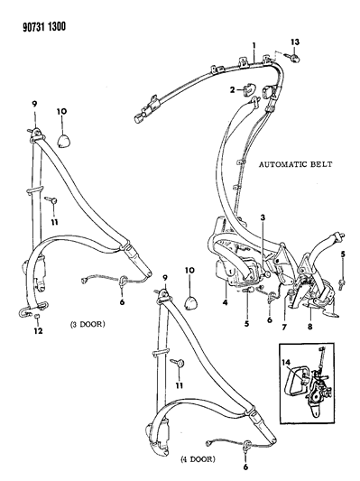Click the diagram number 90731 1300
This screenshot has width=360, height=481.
tap(44, 27)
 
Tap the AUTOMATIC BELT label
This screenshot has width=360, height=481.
tap(295, 164)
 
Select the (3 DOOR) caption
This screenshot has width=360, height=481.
tap(88, 324)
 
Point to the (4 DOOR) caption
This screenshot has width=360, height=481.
tap(198, 459)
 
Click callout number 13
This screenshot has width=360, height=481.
tap(295, 42)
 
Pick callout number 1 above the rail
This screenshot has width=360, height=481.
tap(254, 46)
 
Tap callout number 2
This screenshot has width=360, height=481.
tap(232, 89)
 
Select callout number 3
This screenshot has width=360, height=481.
tap(263, 217)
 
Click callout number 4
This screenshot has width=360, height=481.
tap(226, 302)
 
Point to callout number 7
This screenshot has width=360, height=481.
tap(284, 327)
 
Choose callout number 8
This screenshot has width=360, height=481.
tap(310, 327)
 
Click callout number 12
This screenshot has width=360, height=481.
tap(38, 330)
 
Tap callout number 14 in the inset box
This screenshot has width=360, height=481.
tap(286, 363)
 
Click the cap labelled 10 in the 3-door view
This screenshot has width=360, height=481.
tap(63, 142)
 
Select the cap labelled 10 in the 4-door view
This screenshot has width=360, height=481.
tap(190, 303)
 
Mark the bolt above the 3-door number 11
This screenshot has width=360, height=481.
tap(51, 200)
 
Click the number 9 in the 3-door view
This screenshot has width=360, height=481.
tap(34, 104)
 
